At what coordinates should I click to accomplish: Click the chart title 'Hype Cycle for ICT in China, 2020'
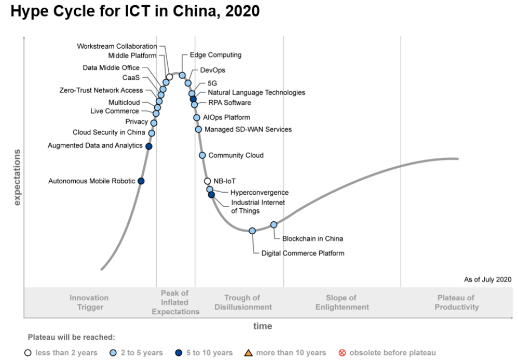(x=135, y=11)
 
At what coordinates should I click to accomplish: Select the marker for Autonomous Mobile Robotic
(x=141, y=181)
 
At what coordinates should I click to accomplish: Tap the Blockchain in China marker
(x=274, y=225)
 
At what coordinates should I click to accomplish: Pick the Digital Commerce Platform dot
(x=252, y=231)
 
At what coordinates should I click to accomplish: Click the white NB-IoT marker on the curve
(x=208, y=181)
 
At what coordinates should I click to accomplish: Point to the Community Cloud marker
(x=202, y=155)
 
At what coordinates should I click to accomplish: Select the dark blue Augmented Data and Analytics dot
(x=148, y=146)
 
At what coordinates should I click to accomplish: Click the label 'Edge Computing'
(x=215, y=55)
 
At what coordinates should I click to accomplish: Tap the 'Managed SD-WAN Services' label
(x=248, y=129)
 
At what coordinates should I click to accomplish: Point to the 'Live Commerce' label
(x=115, y=111)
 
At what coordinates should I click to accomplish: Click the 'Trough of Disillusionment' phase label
(x=243, y=302)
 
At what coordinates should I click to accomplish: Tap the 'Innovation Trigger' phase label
(x=89, y=302)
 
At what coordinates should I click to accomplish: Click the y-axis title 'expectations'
(x=17, y=177)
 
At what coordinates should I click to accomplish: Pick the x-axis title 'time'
(x=263, y=326)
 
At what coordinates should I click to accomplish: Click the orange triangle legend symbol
(x=249, y=353)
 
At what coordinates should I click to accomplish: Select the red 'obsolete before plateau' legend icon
(x=342, y=353)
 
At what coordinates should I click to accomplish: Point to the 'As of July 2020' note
(x=487, y=279)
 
